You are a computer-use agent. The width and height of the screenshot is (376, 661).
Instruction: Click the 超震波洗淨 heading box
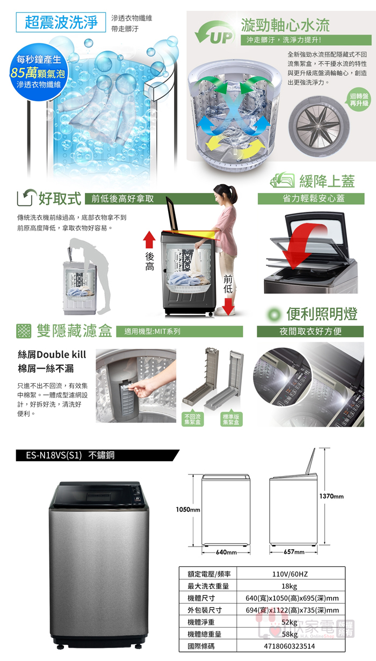point(61,22)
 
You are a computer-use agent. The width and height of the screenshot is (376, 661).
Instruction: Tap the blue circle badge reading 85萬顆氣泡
point(38,73)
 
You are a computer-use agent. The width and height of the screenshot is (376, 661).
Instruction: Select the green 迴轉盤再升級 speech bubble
point(359,100)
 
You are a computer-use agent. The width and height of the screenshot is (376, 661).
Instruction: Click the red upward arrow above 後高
point(149,239)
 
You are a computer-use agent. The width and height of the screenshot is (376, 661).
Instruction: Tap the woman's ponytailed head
point(226,194)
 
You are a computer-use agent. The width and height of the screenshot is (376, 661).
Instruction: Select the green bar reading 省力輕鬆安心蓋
point(311,199)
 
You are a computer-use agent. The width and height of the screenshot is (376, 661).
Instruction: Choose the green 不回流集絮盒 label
point(192,419)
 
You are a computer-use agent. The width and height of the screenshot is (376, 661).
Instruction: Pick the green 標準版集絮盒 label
point(231,419)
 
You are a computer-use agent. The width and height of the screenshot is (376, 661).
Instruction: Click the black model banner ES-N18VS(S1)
point(97,455)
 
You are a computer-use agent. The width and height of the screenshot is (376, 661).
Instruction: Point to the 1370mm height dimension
point(331,496)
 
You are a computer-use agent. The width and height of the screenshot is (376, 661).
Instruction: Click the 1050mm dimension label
point(188,509)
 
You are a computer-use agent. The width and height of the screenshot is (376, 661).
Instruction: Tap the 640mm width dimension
point(226,552)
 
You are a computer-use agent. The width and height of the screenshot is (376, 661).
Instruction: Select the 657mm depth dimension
point(294,551)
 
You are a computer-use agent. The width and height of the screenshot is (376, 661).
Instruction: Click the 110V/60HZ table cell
point(291,573)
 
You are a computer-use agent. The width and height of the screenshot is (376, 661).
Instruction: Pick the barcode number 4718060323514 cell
point(291,646)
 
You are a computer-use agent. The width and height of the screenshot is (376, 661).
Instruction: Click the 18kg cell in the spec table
point(291,586)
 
